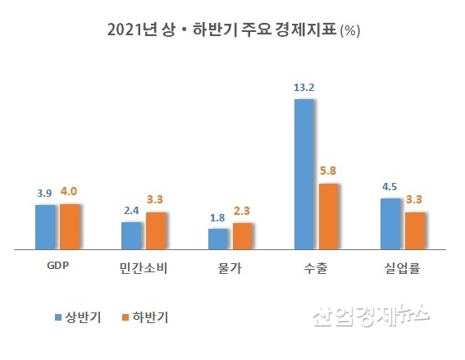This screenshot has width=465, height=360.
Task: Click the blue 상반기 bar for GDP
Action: (45, 226)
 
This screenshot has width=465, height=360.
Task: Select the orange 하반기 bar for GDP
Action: (70, 226)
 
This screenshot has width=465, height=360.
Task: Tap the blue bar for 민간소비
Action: (132, 235)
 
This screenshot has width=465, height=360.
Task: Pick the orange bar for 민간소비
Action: (157, 230)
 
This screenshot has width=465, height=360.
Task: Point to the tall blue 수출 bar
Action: (305, 173)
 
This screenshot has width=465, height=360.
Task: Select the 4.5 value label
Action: (390, 185)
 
